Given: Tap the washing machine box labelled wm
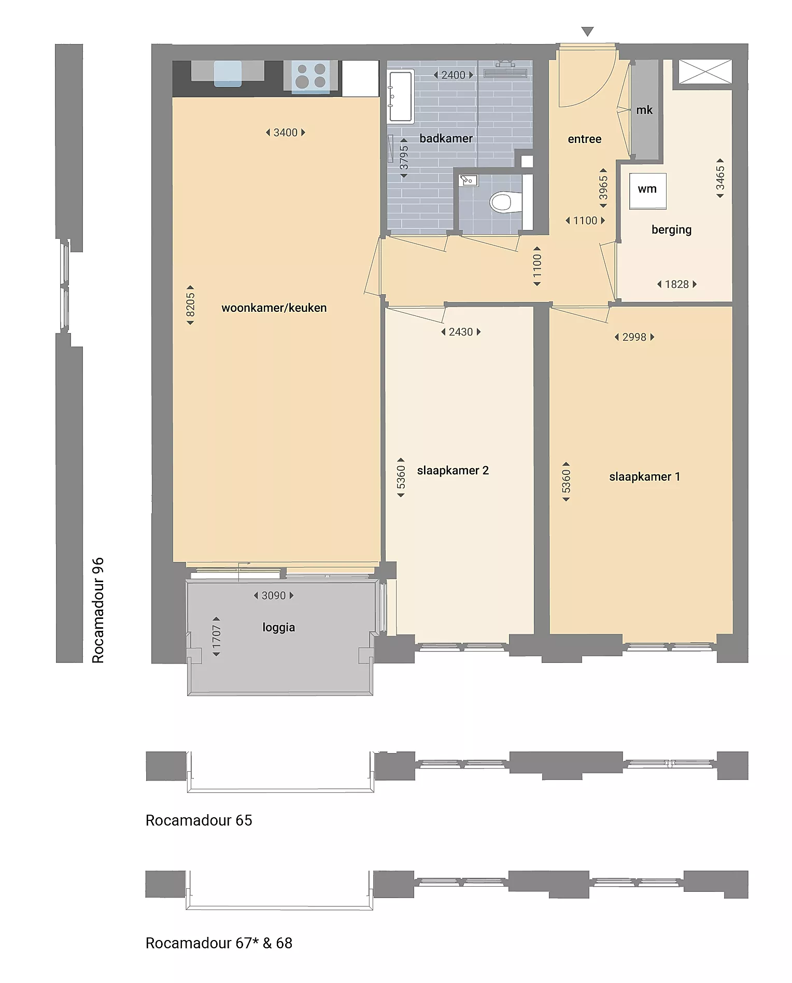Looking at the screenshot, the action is pyautogui.click(x=647, y=191).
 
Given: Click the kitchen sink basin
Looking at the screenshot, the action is pyautogui.click(x=228, y=73).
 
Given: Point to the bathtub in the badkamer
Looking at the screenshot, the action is pyautogui.click(x=400, y=96).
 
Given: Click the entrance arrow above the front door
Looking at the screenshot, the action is pyautogui.click(x=587, y=32).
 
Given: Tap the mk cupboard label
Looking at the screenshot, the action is pyautogui.click(x=644, y=110).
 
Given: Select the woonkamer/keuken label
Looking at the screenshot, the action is pyautogui.click(x=274, y=308).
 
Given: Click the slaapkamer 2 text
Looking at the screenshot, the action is pyautogui.click(x=453, y=470).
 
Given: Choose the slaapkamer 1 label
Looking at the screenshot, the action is pyautogui.click(x=644, y=476).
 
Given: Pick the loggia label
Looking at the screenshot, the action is pyautogui.click(x=279, y=627).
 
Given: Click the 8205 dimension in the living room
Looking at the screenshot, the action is pyautogui.click(x=190, y=305).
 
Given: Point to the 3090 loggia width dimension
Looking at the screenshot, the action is pyautogui.click(x=274, y=596).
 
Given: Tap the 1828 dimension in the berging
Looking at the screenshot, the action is pyautogui.click(x=677, y=284).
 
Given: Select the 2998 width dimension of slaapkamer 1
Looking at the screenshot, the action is pyautogui.click(x=634, y=337).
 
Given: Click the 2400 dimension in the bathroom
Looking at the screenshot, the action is pyautogui.click(x=454, y=75).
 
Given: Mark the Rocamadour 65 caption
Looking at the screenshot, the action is pyautogui.click(x=199, y=820).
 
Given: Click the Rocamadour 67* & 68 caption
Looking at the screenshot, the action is pyautogui.click(x=219, y=943).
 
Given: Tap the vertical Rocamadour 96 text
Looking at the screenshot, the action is pyautogui.click(x=98, y=610).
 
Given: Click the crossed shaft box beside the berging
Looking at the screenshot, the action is pyautogui.click(x=705, y=72).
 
